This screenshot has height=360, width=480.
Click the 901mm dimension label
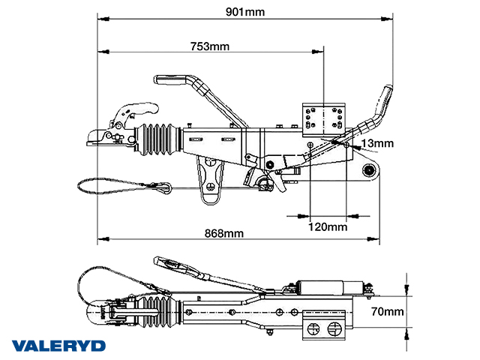pyautogui.click(x=248, y=11)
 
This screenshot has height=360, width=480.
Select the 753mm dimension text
pyautogui.click(x=210, y=46)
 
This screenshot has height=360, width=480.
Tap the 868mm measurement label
pyautogui.click(x=225, y=232)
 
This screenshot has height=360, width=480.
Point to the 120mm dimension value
pyautogui.click(x=328, y=226)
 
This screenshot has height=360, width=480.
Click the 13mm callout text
pyautogui.click(x=376, y=143)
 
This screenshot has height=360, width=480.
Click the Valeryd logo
pyautogui.click(x=59, y=346)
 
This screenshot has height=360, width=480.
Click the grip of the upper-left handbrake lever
pyautogui.click(x=175, y=78)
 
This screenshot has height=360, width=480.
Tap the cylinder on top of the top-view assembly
pyautogui.click(x=323, y=286)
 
